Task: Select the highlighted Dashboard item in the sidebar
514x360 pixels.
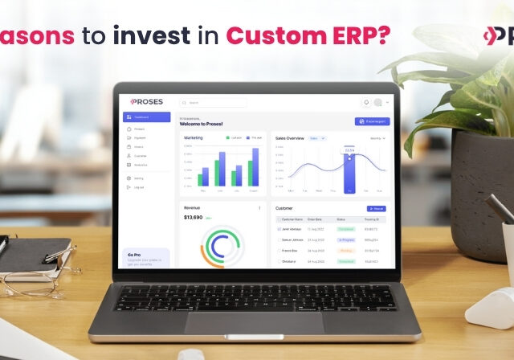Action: pos(146,117)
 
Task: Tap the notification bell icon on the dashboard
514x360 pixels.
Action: pos(366,102)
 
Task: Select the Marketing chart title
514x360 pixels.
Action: pos(194,137)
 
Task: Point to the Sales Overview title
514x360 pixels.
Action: pos(290,138)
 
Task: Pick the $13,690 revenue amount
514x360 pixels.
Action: pos(193,217)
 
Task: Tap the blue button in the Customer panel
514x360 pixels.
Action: pos(376,209)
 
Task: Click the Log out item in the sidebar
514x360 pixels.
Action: pos(139,187)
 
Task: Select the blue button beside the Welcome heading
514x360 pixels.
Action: pos(372,121)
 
